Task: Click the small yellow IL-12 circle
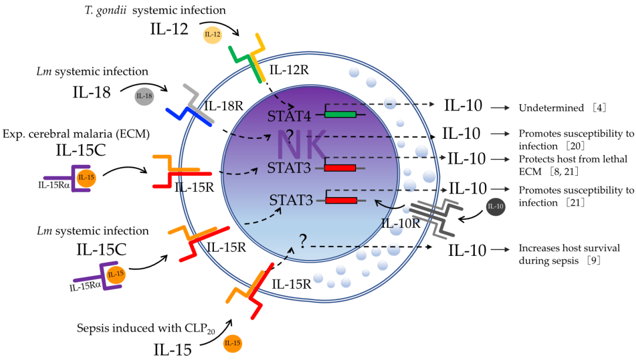pos(212,35)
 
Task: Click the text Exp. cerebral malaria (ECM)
pos(76,134)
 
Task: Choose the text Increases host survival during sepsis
pos(568,254)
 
